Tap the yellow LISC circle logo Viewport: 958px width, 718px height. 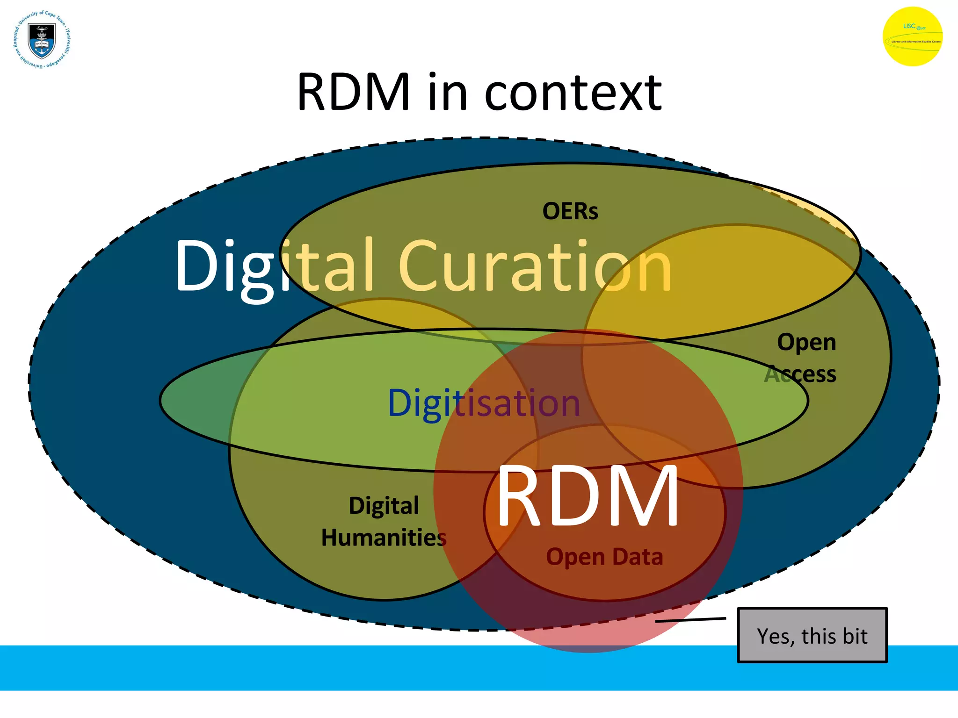coord(912,36)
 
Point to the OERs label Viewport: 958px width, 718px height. coord(570,211)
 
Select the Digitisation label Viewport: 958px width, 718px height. coord(484,403)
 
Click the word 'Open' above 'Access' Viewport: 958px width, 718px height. coord(806,343)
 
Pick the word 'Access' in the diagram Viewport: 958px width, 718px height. coord(800,374)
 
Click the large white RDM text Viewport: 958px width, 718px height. coord(588,496)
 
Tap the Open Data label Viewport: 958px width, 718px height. coord(604,557)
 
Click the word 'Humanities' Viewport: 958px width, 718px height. coord(384,538)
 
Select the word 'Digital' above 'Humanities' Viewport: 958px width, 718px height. coord(384,506)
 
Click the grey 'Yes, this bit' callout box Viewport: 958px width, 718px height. coord(812,635)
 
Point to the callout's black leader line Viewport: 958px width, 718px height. coord(690,620)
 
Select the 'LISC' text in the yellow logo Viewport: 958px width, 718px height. coord(909,26)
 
